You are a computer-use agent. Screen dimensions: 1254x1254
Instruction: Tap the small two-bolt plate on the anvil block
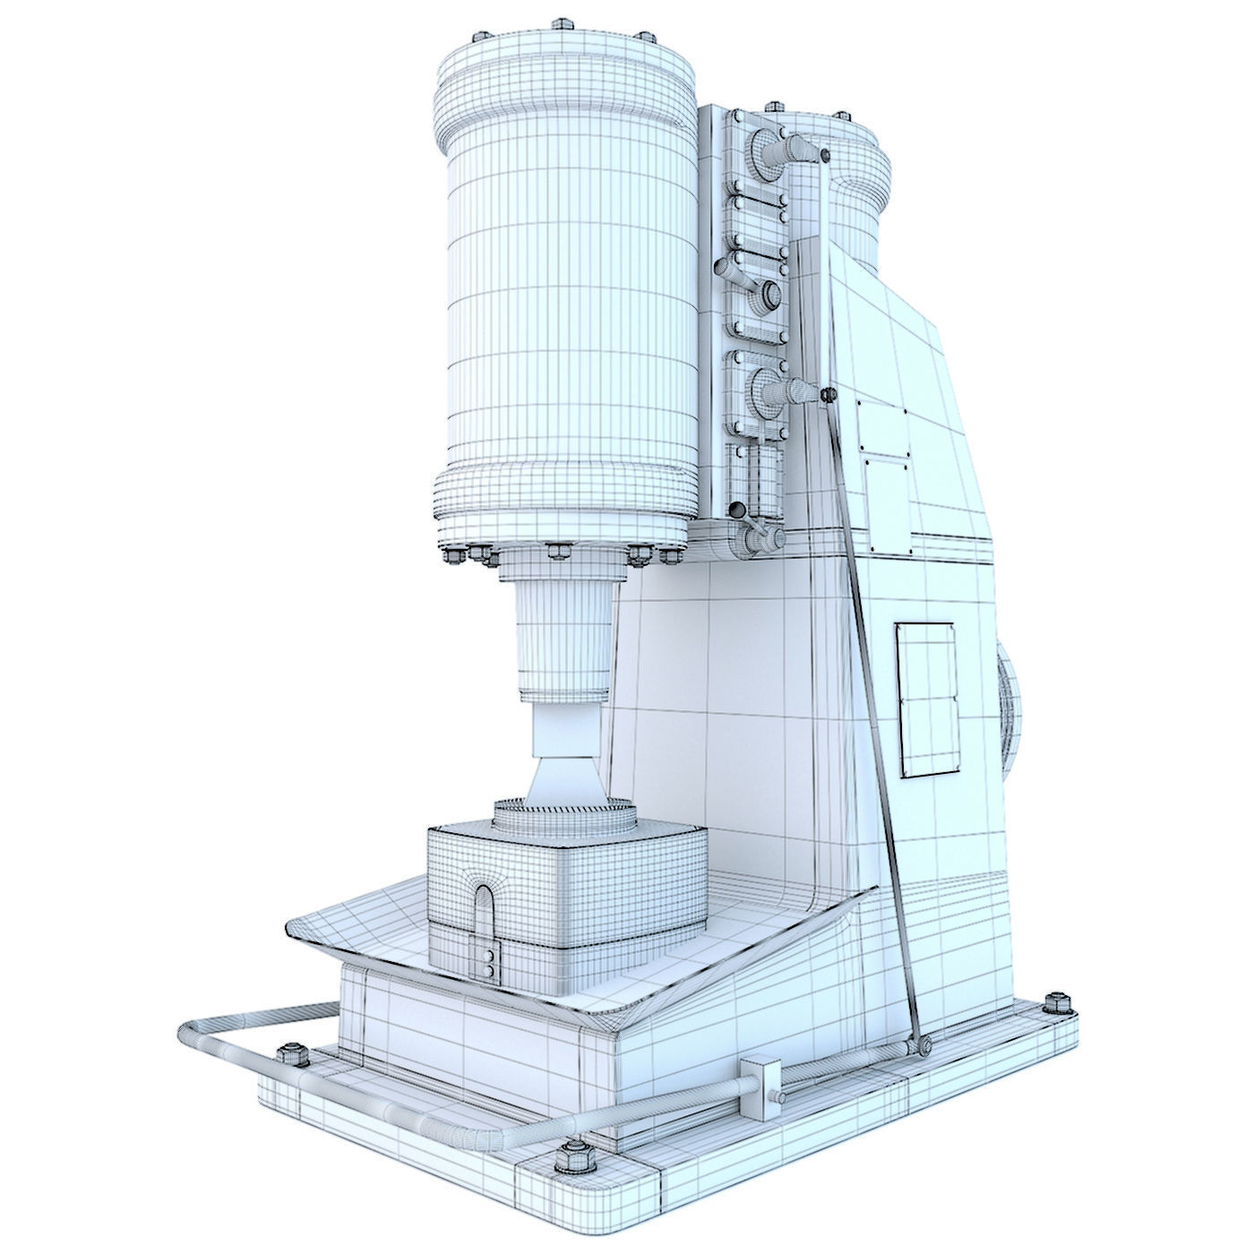pyautogui.click(x=489, y=963)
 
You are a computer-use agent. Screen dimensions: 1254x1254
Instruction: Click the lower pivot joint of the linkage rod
pyautogui.click(x=920, y=1044)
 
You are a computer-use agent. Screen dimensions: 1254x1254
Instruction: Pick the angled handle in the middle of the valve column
pyautogui.click(x=748, y=287)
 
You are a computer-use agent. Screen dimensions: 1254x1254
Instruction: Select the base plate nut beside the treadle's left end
pyautogui.click(x=291, y=1055)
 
